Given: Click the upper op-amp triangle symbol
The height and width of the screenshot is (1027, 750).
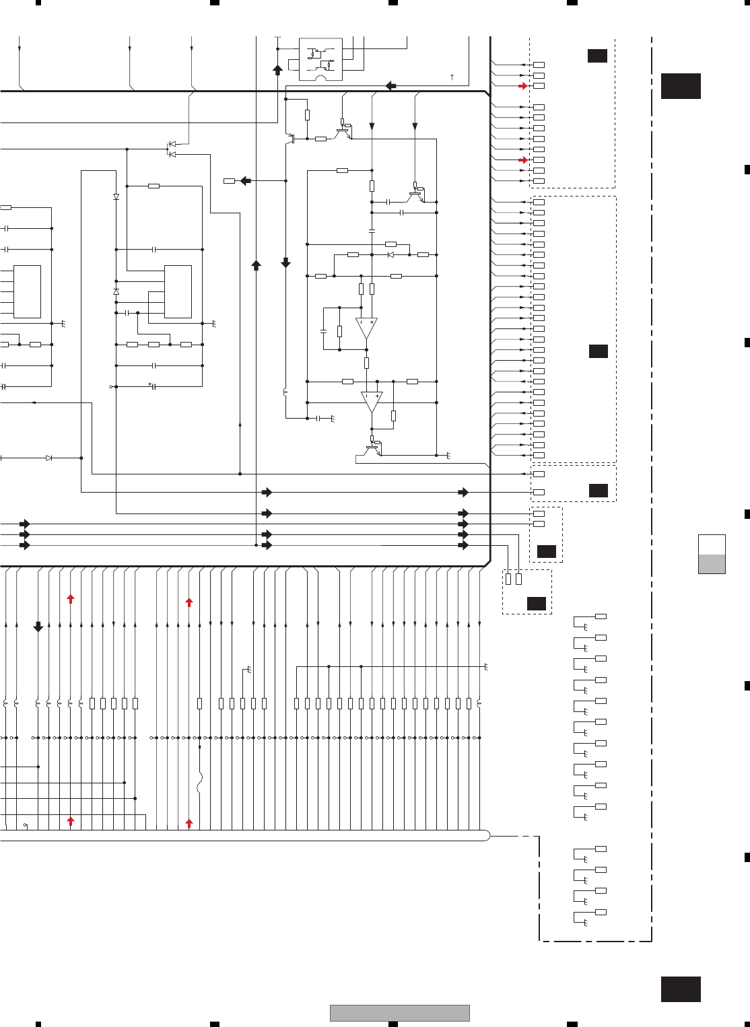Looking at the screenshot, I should pyautogui.click(x=366, y=328).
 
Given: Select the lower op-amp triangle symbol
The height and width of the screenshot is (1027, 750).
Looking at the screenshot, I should pyautogui.click(x=372, y=402).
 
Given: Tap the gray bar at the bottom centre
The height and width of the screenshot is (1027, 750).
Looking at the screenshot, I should pyautogui.click(x=399, y=1013).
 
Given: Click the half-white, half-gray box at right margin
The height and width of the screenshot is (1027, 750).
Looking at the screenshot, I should pyautogui.click(x=712, y=555).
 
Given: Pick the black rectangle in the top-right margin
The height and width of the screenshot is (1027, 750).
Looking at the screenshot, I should pyautogui.click(x=681, y=86).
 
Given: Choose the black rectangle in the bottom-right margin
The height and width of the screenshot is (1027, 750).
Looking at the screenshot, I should pyautogui.click(x=681, y=989).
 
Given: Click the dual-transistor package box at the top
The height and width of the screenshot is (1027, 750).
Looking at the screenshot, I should pyautogui.click(x=320, y=59).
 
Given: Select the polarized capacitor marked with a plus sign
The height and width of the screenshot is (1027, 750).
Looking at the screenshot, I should pyautogui.click(x=153, y=386).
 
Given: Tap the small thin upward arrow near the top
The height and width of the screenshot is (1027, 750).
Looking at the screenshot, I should pyautogui.click(x=452, y=77).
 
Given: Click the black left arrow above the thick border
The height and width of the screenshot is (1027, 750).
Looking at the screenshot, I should pyautogui.click(x=390, y=85).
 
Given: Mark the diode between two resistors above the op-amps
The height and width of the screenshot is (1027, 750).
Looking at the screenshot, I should pyautogui.click(x=390, y=254).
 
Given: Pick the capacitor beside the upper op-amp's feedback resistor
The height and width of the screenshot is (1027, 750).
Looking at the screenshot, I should pyautogui.click(x=323, y=331).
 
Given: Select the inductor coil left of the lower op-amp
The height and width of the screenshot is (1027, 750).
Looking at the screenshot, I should pyautogui.click(x=286, y=392).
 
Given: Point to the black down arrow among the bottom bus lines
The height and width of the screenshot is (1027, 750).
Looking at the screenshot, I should pyautogui.click(x=38, y=627).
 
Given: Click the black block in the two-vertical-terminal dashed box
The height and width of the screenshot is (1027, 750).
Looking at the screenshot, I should pyautogui.click(x=536, y=603).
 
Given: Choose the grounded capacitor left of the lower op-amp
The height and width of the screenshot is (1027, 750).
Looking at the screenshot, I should pyautogui.click(x=318, y=418).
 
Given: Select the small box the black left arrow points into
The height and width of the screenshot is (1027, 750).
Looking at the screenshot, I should pyautogui.click(x=229, y=180).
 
